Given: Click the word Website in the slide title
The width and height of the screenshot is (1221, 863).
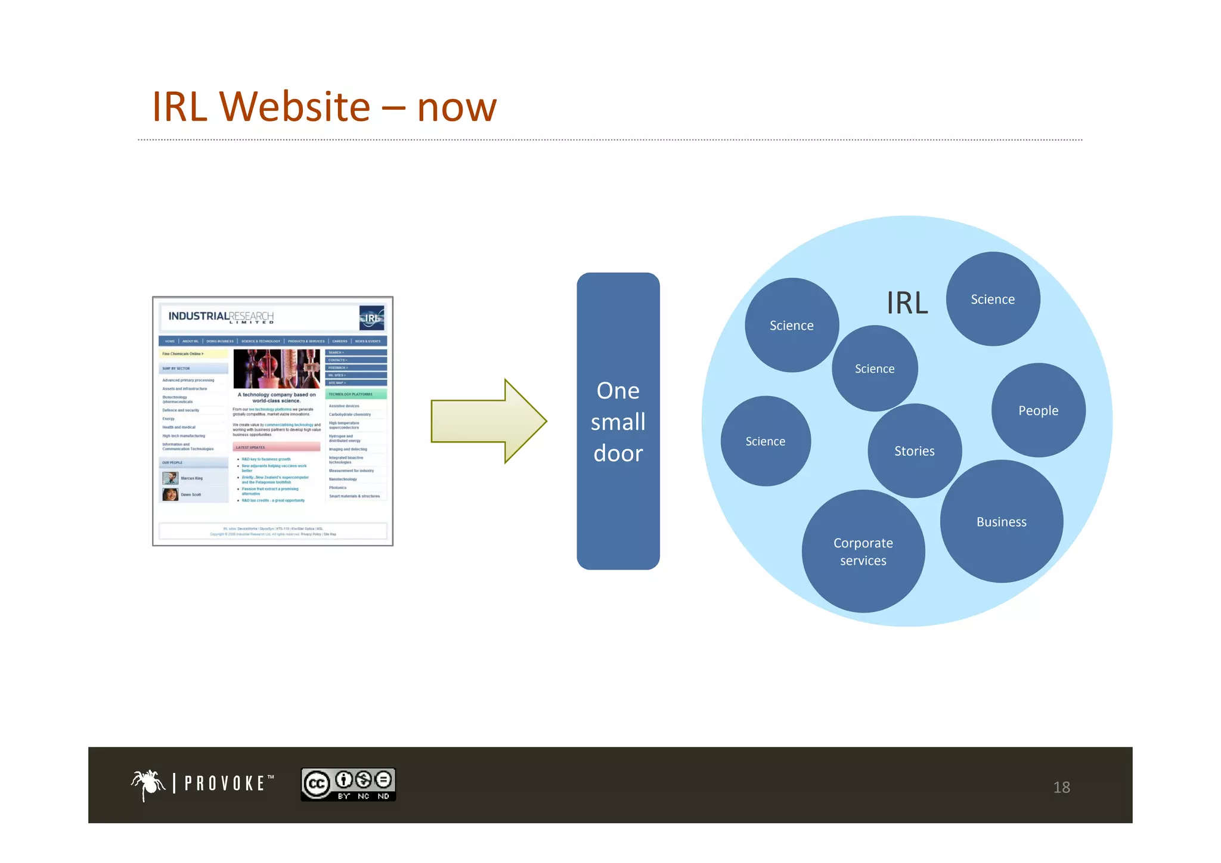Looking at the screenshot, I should click(295, 107).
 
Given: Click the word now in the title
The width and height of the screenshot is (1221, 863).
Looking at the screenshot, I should click(457, 108).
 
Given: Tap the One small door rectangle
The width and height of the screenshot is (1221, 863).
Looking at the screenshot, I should click(618, 421).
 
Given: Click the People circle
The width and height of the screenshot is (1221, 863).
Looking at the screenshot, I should click(1038, 410).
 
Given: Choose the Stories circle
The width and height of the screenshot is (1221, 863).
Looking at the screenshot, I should click(915, 451).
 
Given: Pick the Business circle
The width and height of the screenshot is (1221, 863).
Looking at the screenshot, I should click(1002, 522).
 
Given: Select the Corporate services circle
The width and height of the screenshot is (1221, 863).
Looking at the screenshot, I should click(863, 552).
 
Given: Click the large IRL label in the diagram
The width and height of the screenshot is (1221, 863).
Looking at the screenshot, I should click(907, 303).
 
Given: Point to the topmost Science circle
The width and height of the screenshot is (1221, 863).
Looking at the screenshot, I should click(993, 299).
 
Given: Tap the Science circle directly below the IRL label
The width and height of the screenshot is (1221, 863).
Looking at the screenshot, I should click(875, 369).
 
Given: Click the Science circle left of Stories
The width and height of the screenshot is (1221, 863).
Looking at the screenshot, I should click(766, 441).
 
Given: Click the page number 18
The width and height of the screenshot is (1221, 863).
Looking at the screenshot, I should click(1061, 787).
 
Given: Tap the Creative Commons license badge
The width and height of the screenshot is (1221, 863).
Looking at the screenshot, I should click(348, 784).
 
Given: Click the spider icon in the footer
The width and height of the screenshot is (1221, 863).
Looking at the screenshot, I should click(148, 784).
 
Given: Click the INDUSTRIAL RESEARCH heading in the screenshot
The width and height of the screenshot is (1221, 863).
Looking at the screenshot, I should click(221, 317).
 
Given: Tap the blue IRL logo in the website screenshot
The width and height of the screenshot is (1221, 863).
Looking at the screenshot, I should click(372, 318).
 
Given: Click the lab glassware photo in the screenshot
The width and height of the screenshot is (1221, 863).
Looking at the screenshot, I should click(277, 369).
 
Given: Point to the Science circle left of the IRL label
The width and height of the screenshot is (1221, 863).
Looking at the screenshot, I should click(792, 326).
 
